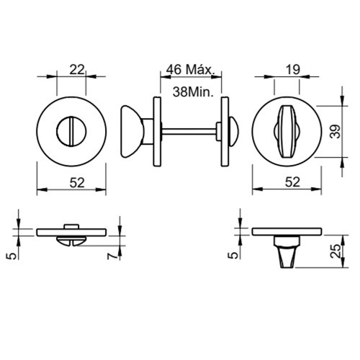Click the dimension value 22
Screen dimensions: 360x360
(77, 70)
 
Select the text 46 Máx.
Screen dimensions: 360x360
(189, 70)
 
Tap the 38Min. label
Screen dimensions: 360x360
(193, 91)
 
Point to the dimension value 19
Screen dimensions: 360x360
(293, 70)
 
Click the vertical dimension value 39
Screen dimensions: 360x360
(337, 131)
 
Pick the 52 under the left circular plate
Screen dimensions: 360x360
(77, 183)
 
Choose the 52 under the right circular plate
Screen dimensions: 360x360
(293, 182)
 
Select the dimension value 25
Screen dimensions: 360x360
(336, 251)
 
